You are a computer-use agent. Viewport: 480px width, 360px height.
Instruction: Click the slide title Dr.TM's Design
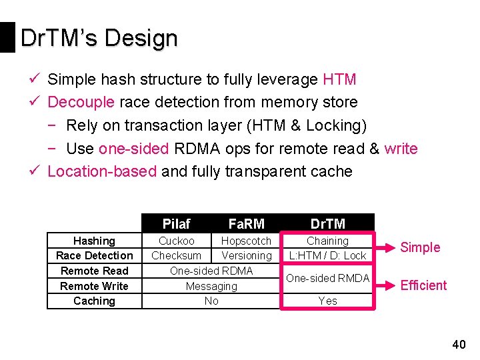99,39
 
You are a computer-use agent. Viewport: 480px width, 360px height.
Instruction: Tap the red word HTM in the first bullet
339,80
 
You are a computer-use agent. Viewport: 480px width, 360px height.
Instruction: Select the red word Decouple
81,103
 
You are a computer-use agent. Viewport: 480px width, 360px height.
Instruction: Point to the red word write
401,149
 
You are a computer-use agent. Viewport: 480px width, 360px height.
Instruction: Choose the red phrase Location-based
102,171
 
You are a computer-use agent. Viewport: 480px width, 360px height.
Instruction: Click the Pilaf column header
177,224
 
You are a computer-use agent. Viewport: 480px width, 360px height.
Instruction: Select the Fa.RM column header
246,224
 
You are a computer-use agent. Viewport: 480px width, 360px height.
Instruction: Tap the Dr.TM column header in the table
327,224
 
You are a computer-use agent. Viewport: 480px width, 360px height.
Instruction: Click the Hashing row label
94,241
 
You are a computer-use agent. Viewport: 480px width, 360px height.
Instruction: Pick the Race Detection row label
94,255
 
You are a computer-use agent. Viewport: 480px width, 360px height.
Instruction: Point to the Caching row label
94,301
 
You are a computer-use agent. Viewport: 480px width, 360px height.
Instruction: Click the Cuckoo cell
177,241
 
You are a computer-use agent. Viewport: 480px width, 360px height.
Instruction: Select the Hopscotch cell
246,241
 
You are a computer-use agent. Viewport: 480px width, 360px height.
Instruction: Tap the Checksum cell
177,255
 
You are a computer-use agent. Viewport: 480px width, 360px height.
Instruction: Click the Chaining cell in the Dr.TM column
327,241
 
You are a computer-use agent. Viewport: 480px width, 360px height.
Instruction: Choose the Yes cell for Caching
327,301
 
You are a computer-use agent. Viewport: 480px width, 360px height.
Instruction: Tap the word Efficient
423,285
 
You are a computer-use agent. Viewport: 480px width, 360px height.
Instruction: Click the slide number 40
459,345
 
